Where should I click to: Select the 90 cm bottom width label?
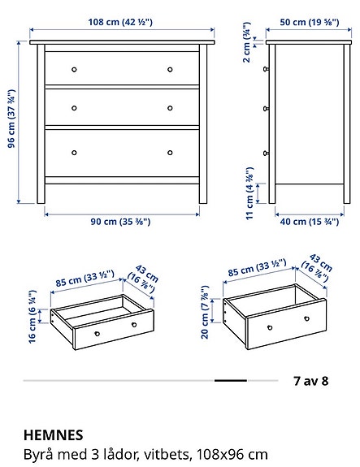coord(122,221)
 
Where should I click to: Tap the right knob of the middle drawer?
coord(171,107)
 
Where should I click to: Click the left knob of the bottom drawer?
coord(73,152)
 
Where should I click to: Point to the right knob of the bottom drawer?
coord(171,152)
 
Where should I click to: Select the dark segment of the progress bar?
coord(230,380)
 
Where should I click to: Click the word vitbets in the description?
coord(153,453)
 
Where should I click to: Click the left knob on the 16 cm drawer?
coord(96,333)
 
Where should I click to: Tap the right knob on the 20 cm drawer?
coord(309,318)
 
